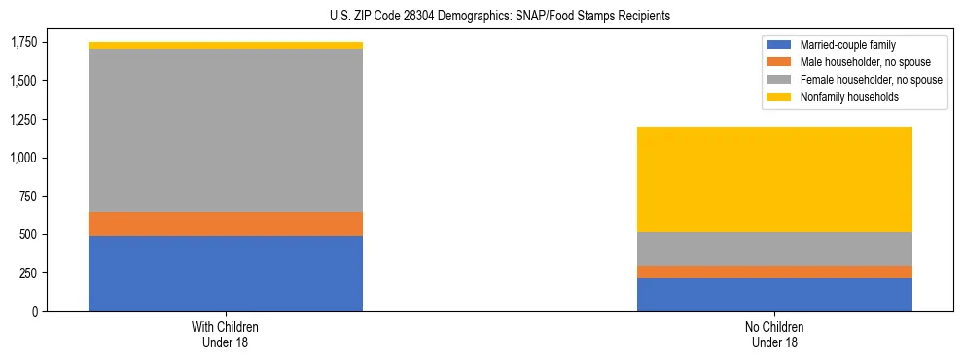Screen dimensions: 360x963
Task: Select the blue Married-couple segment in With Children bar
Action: tap(226, 273)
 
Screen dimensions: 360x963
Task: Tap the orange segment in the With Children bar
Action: tap(226, 224)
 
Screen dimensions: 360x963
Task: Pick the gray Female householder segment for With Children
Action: tap(226, 130)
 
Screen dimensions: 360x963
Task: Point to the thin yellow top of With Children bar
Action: tap(226, 45)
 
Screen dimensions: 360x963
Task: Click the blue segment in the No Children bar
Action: tap(774, 295)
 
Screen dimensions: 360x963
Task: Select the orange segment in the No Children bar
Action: tap(774, 271)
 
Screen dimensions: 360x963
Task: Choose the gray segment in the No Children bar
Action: tap(774, 248)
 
